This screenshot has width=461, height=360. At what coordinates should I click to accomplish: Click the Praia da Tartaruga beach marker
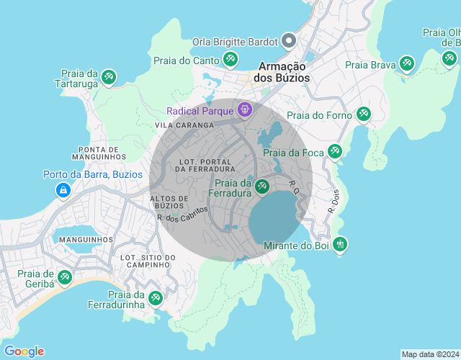tap(109, 76)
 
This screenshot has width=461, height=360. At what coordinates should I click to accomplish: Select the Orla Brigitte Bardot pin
tap(289, 41)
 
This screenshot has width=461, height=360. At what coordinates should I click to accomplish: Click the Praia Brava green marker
tap(407, 64)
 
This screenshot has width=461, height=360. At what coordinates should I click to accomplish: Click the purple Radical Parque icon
tap(246, 110)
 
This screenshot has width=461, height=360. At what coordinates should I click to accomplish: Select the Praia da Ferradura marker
tap(261, 187)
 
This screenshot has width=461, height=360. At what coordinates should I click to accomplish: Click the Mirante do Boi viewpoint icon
tap(340, 245)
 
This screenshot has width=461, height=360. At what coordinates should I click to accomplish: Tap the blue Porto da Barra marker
tap(63, 190)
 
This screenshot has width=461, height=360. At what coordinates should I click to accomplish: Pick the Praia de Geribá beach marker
tap(65, 277)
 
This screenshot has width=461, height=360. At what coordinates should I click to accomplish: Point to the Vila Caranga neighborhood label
tap(184, 125)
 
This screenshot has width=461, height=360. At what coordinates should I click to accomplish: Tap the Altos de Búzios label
tap(169, 202)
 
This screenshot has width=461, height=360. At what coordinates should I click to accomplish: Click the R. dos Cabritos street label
tap(182, 214)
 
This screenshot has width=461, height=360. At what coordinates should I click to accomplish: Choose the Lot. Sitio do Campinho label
tap(148, 261)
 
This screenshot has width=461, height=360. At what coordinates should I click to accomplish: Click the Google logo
tap(23, 351)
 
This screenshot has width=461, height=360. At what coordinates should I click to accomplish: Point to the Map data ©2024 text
tap(429, 354)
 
